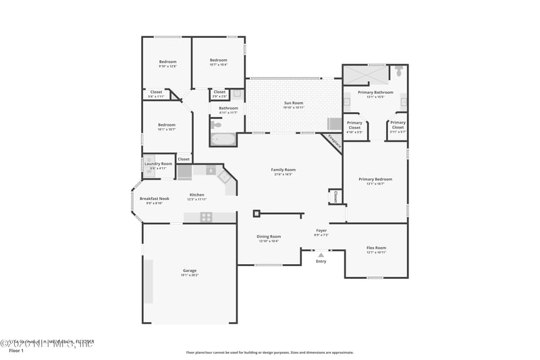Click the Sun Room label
(x=294, y=103)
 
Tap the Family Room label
(x=283, y=170)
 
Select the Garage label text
(x=189, y=270)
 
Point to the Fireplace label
(x=334, y=141)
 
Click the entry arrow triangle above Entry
(x=321, y=255)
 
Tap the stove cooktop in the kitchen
(x=206, y=217)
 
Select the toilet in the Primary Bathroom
(x=399, y=70)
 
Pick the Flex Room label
(x=376, y=248)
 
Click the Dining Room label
(x=269, y=236)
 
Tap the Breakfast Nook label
(x=154, y=199)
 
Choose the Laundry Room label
(x=158, y=163)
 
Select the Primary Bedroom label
(x=379, y=179)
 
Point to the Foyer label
(x=321, y=230)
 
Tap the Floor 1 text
(x=16, y=351)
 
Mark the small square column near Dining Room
(x=256, y=214)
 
